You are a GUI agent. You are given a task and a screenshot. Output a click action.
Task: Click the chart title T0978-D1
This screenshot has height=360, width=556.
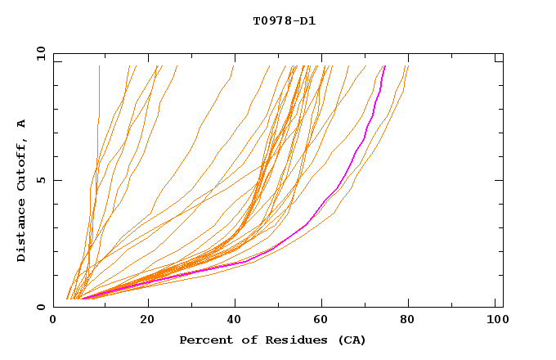pos(284,21)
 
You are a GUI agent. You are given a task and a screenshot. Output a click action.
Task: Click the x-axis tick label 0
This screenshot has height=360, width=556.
pos(54,321)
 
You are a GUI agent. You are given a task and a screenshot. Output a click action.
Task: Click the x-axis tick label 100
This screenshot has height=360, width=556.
pos(495,321)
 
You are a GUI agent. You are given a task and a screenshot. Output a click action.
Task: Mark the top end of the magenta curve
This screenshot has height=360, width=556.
pos(384,66)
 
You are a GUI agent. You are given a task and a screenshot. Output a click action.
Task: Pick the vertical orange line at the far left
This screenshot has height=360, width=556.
pos(99,98)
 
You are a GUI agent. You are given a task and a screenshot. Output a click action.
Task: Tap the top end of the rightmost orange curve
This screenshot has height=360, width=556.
pos(407,66)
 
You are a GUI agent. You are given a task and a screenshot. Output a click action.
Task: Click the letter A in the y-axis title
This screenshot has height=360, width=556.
pos(22,124)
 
